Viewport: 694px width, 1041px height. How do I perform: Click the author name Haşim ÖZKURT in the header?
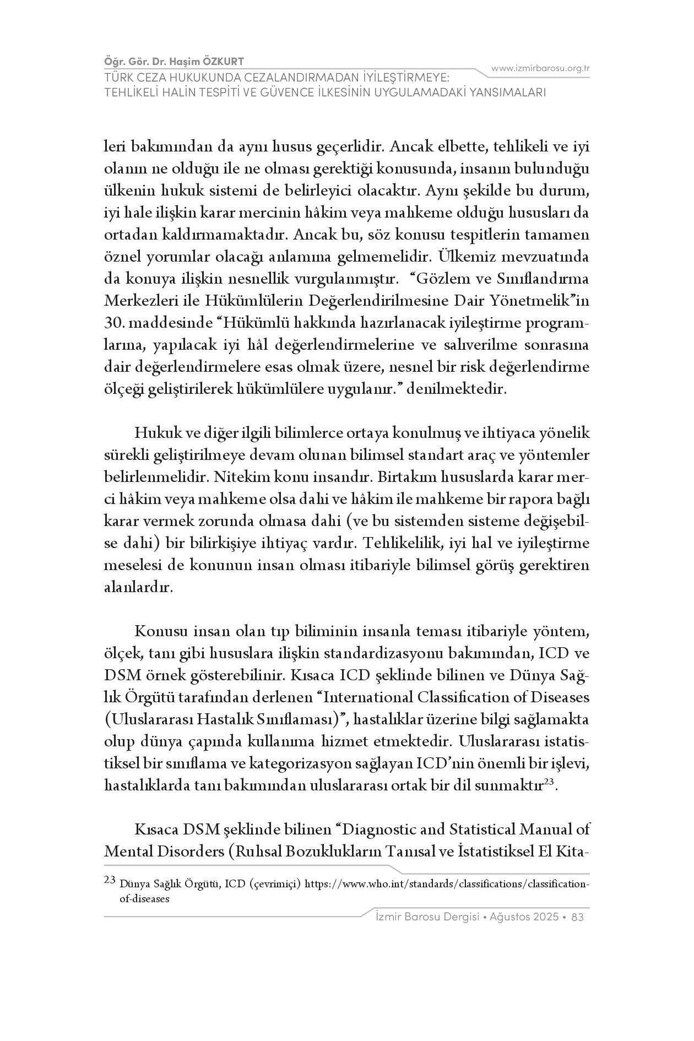click(x=213, y=61)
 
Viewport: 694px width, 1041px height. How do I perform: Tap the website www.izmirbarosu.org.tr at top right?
click(x=540, y=68)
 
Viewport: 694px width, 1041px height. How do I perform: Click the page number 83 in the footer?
click(x=578, y=917)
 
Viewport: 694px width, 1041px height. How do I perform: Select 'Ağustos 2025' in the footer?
click(x=527, y=917)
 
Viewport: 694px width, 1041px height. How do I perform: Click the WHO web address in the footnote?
click(x=447, y=884)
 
